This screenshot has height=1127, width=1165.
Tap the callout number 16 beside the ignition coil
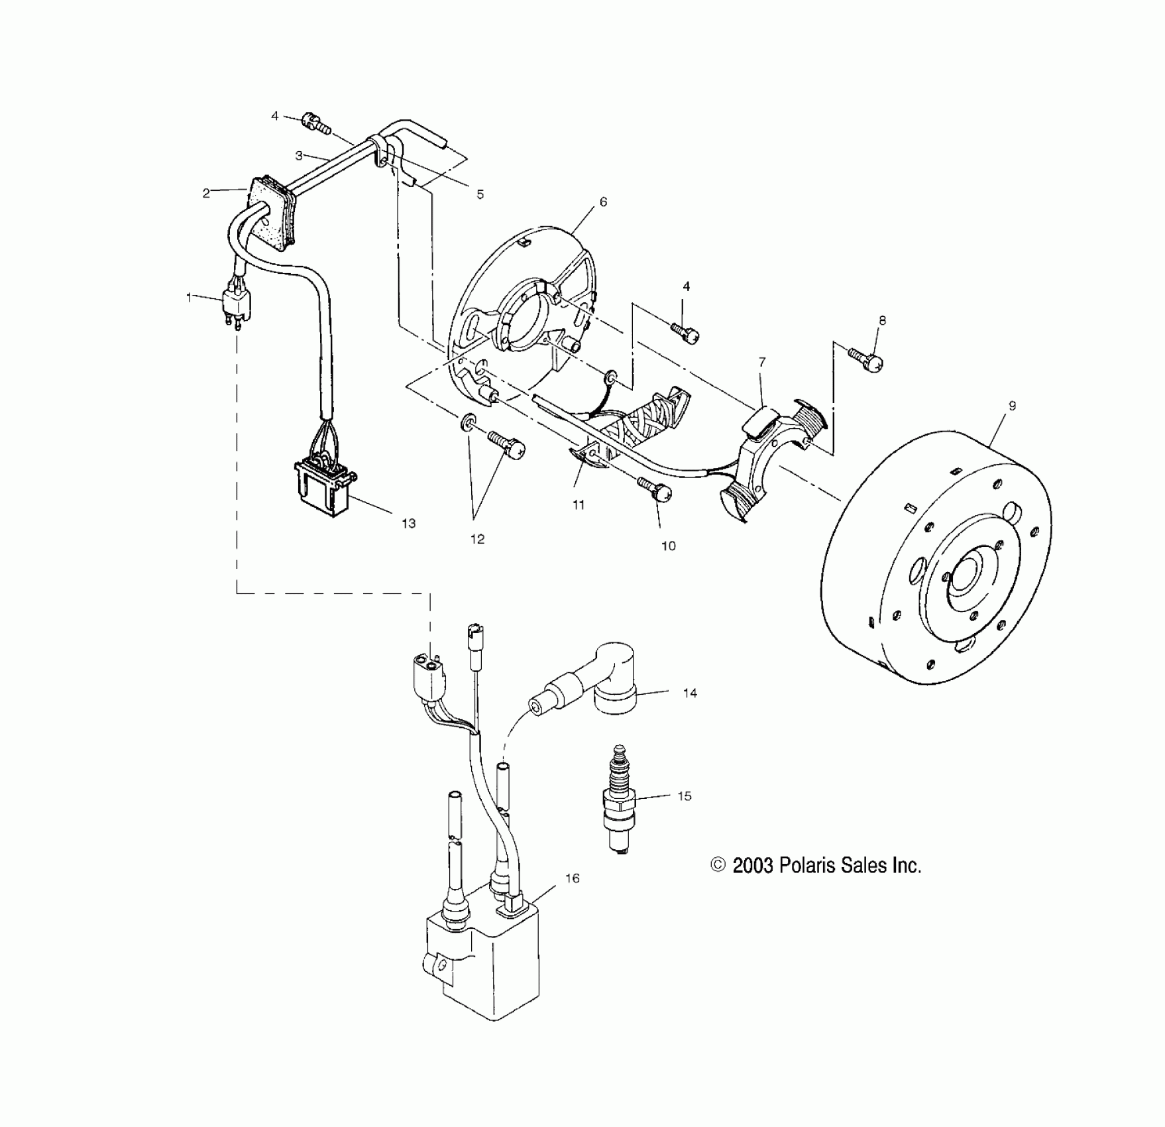pos(573,878)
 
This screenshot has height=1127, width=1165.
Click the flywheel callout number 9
pos(1012,406)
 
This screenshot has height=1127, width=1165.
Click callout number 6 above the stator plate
pos(603,202)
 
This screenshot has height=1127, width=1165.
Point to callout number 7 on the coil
pos(762,362)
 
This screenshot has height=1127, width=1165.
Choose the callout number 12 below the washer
pos(477,539)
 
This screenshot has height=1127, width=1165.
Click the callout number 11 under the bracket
pos(579,505)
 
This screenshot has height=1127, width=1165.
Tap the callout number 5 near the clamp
pos(480,194)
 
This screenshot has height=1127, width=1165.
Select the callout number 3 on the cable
pos(299,156)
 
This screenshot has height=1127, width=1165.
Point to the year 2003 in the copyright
pos(753,865)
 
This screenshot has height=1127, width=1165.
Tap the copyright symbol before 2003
pos(718,865)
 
